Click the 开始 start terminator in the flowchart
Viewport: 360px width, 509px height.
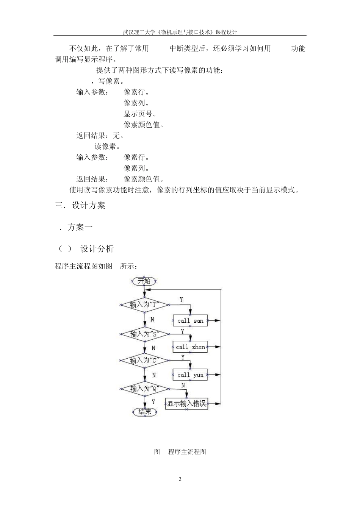click(x=144, y=281)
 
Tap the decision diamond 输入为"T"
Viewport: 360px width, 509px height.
click(x=144, y=304)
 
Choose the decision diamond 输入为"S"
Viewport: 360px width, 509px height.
click(x=144, y=334)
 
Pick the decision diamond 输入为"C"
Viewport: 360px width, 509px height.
click(x=144, y=361)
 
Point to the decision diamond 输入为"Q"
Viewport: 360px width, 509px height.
click(x=144, y=389)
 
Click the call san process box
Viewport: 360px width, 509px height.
click(x=190, y=321)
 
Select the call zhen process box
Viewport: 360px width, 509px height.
click(x=190, y=347)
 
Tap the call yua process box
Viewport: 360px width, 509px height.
click(x=190, y=375)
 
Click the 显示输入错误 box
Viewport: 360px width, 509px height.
click(x=186, y=404)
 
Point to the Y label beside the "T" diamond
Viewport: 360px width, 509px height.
click(x=181, y=300)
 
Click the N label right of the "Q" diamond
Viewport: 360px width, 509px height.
click(x=183, y=385)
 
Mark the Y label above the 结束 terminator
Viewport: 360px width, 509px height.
click(x=153, y=401)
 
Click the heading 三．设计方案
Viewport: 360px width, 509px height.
click(x=80, y=206)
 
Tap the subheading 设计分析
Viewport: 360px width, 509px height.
click(x=97, y=249)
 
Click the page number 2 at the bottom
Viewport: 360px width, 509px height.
click(x=180, y=479)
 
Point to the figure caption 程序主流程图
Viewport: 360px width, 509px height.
click(x=187, y=452)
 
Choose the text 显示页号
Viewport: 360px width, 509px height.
click(x=140, y=114)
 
